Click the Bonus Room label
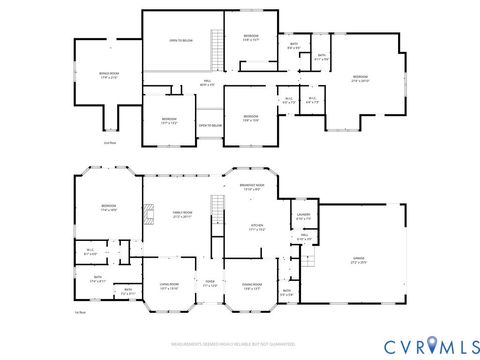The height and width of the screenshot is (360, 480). (109, 74)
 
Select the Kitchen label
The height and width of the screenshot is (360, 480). (256, 226)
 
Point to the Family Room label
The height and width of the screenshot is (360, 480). (183, 214)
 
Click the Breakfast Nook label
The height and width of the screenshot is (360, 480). (252, 186)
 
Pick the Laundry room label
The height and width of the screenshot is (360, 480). (303, 216)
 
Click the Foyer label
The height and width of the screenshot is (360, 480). (210, 284)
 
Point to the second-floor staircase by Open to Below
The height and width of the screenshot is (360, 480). (214, 45)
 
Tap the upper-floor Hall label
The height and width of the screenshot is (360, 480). (206, 83)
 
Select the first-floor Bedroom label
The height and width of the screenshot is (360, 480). (108, 208)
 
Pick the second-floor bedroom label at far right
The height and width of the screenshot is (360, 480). (359, 78)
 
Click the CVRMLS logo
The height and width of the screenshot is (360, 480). (419, 345)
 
